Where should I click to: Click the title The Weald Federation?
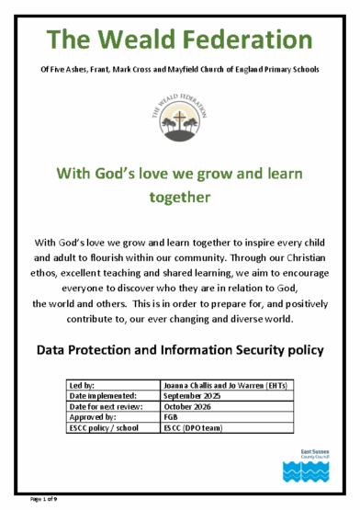pos(179,40)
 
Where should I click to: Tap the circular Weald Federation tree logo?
pos(180,112)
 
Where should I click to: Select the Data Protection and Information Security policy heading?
pos(180,350)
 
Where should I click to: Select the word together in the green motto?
pos(180,197)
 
